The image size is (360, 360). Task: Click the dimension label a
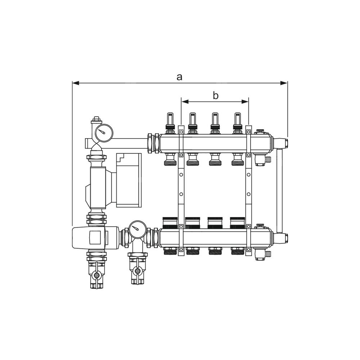(x=179, y=77)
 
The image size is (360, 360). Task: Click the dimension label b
(x=215, y=95)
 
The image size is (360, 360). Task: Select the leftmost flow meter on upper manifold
(x=170, y=123)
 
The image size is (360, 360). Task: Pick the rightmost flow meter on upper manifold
(x=237, y=123)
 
